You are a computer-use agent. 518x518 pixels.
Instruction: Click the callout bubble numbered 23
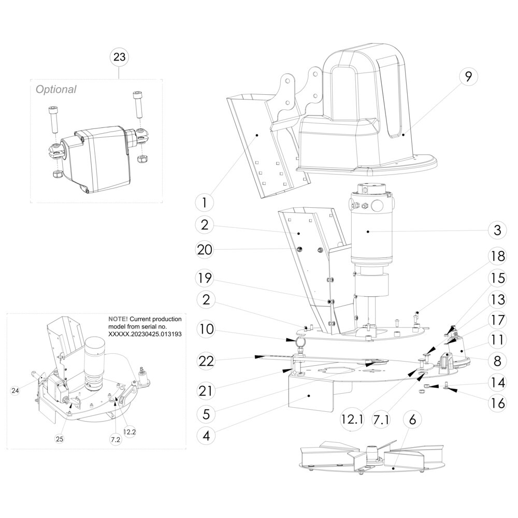tap(119, 57)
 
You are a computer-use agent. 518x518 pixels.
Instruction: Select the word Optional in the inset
tap(55, 89)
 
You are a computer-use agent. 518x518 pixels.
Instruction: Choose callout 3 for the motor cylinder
tap(497, 230)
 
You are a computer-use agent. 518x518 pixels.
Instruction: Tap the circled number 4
tap(206, 436)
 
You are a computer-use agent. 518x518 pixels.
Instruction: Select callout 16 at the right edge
tap(497, 402)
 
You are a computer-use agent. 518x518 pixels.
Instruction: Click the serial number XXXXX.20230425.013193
tap(145, 335)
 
